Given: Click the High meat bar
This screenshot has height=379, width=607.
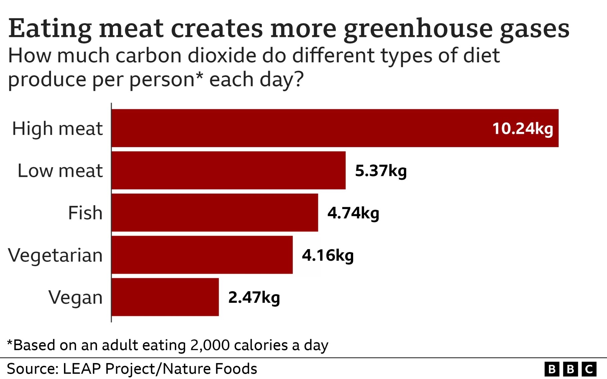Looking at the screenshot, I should tap(300, 128).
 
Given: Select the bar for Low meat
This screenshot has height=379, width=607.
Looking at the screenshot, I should tap(229, 171).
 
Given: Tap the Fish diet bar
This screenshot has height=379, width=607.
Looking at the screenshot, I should tap(215, 212).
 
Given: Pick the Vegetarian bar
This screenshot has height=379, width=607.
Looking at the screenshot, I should tap(202, 255).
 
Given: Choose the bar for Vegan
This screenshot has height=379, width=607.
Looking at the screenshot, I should tap(165, 297).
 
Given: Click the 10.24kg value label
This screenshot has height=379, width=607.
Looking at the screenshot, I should tap(522, 129).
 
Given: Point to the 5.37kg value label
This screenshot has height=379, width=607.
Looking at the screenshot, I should tap(381, 171).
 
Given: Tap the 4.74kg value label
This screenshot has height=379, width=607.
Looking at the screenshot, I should tap(353, 213).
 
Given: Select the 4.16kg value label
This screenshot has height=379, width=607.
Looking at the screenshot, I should tap(328, 255).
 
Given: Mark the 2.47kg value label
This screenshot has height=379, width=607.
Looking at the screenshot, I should tap(254, 297).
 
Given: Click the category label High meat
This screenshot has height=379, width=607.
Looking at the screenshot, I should tap(57, 129).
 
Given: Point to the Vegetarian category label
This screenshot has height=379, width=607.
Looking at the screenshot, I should tap(55, 255).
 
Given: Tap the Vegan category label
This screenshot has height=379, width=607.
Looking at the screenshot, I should tap(75, 297).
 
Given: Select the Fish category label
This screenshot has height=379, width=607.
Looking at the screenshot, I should tap(85, 213).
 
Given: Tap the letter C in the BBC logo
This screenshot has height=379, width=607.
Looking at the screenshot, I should tap(589, 369).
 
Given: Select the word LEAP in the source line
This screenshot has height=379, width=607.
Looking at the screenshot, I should tap(82, 369).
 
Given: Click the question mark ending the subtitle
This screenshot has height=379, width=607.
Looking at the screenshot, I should tap(299, 79).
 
